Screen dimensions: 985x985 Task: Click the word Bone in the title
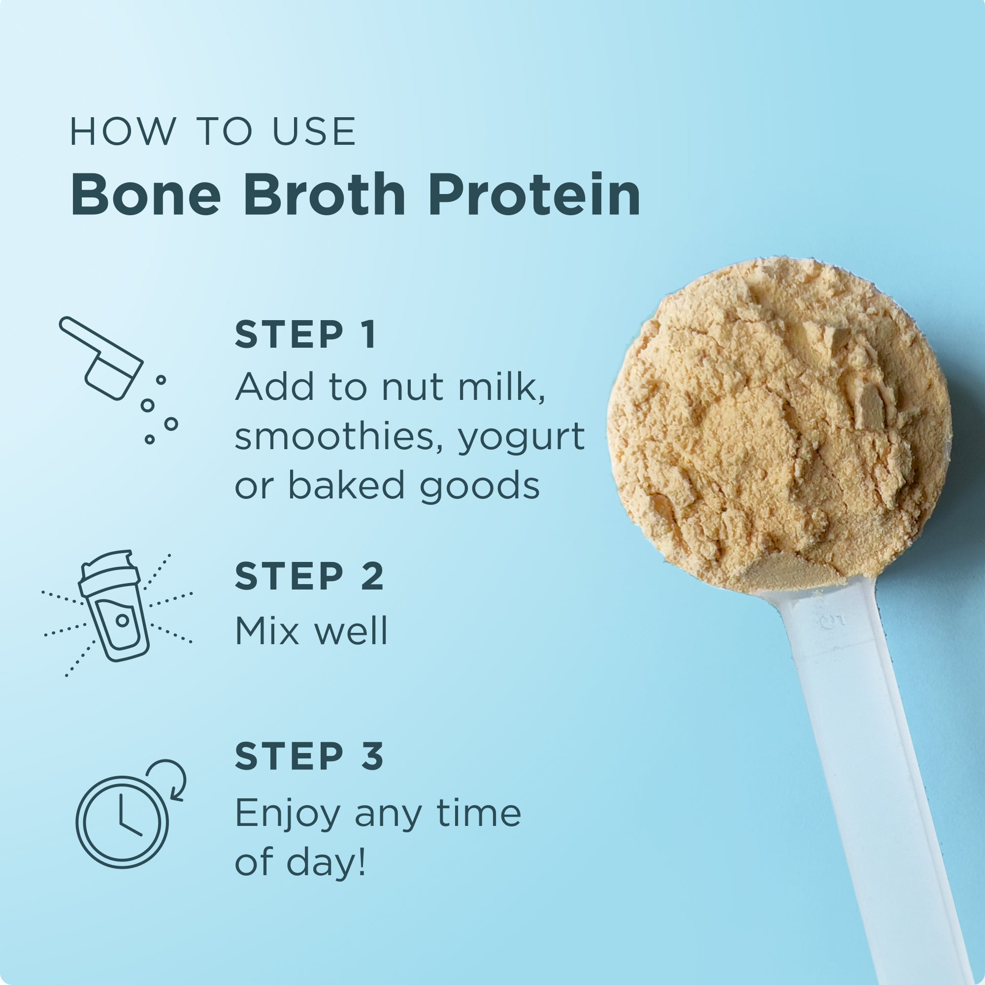tap(146, 195)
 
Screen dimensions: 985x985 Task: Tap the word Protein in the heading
tap(534, 195)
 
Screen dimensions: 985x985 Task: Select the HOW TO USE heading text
tap(213, 132)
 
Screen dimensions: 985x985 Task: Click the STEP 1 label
tap(305, 335)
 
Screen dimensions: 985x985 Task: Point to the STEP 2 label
tap(309, 577)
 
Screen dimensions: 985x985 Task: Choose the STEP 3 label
tap(309, 756)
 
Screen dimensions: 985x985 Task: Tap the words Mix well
tap(311, 631)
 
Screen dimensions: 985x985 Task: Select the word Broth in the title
tap(324, 195)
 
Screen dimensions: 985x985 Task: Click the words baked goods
tap(414, 486)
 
